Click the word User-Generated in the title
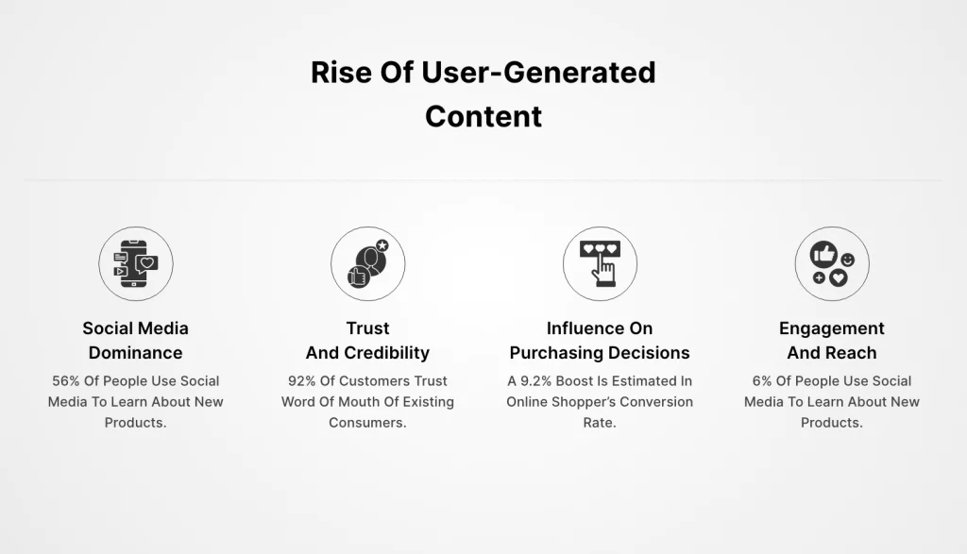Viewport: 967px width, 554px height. point(538,72)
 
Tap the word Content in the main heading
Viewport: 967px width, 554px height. point(483,116)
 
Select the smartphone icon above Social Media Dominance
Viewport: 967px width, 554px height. point(136,263)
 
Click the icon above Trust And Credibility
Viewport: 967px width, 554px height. point(368,263)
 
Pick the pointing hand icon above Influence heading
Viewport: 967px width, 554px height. point(600,263)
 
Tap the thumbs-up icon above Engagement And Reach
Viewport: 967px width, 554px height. point(823,254)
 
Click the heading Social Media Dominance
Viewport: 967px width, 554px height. point(136,340)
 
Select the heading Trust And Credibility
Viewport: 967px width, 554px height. point(367,340)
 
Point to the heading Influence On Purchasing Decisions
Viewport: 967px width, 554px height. point(600,340)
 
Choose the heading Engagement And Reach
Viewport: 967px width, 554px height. point(832,340)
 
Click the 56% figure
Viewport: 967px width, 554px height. point(66,381)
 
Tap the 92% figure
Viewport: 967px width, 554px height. point(301,381)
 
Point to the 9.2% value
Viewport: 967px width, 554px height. point(536,381)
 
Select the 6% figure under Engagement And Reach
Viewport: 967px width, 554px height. point(762,381)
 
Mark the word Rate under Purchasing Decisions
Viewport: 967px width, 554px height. point(598,423)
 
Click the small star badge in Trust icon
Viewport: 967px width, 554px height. point(382,245)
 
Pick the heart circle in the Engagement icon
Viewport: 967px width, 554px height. point(838,277)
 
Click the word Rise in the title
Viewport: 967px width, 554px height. point(341,72)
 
